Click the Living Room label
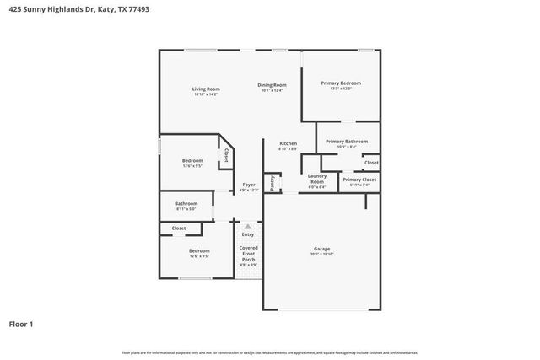(206, 89)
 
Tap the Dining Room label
(272, 85)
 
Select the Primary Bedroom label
(341, 83)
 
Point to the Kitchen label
(288, 143)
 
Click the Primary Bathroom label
(347, 142)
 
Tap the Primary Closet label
(359, 180)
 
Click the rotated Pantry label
(273, 182)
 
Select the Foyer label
(249, 185)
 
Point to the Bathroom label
(186, 203)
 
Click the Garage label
(321, 249)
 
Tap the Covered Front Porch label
(248, 253)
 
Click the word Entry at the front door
(248, 234)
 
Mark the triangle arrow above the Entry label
(248, 226)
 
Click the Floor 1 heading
(21, 323)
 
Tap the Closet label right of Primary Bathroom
(371, 162)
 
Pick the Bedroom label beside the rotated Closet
(192, 160)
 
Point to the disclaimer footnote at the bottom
(270, 352)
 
